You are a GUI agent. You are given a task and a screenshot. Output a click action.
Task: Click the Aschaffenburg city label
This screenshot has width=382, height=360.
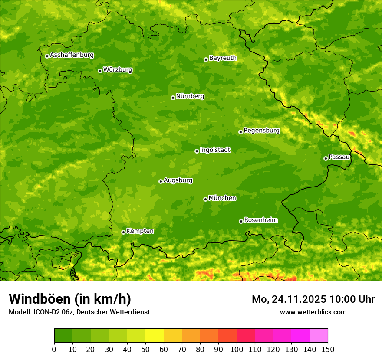point(72,55)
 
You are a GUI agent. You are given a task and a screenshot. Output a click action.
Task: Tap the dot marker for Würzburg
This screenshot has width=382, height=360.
point(100,71)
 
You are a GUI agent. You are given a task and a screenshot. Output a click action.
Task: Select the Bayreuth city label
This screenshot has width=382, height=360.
point(223,58)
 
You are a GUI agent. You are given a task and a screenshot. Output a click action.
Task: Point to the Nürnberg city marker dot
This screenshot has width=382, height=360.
point(173,98)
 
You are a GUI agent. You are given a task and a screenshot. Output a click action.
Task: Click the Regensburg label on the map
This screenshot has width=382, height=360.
point(261,131)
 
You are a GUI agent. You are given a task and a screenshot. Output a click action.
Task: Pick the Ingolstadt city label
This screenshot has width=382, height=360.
point(215,150)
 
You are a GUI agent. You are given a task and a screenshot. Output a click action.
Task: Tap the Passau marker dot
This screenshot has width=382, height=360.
point(326,158)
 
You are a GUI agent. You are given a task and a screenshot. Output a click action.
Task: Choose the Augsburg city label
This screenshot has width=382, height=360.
point(178,180)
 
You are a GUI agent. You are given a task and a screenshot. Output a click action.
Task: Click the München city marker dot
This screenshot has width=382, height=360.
point(205,199)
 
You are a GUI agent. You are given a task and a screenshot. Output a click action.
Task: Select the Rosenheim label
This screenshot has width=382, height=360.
point(260,220)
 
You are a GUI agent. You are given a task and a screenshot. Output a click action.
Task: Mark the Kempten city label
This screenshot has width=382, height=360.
point(140,231)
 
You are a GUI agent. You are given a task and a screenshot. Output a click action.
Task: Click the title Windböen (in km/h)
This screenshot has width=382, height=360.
point(70,299)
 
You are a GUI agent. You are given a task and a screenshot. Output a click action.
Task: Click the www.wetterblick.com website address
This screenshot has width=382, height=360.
point(313,312)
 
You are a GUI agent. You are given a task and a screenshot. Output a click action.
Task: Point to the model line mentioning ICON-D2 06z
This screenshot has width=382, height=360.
point(79,312)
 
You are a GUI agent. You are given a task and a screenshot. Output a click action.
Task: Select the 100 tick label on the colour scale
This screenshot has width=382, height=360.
point(237,349)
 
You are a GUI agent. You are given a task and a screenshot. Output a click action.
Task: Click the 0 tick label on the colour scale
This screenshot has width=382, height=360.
point(54,349)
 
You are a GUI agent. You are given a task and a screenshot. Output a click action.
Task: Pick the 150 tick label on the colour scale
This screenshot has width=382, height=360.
point(328,349)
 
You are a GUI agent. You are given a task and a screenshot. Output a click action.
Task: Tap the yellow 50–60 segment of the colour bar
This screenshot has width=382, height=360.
point(155,335)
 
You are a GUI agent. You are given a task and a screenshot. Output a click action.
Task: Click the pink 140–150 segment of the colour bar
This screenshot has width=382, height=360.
point(319,335)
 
